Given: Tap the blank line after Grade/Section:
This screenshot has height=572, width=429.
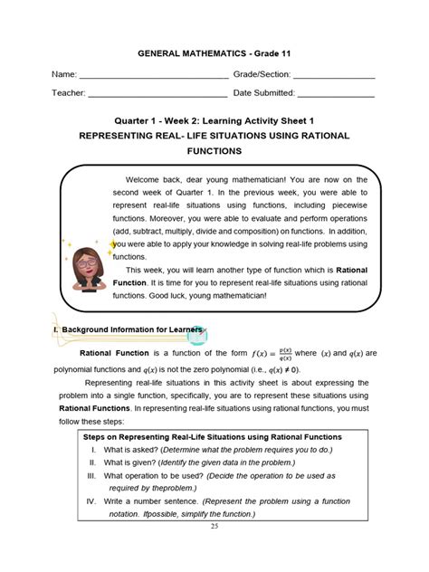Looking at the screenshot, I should point(333,75).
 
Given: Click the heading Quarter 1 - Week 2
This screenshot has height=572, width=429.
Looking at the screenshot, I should point(214,119).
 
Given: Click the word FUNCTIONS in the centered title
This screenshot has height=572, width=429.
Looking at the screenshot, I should point(214,151).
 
